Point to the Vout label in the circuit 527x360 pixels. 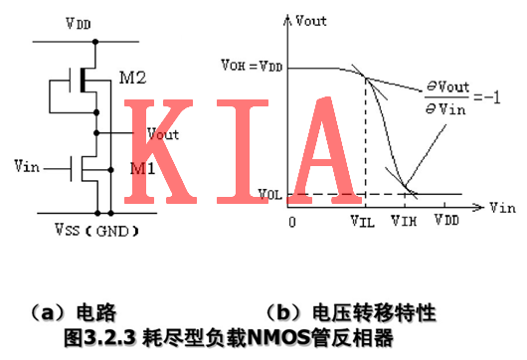162,133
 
